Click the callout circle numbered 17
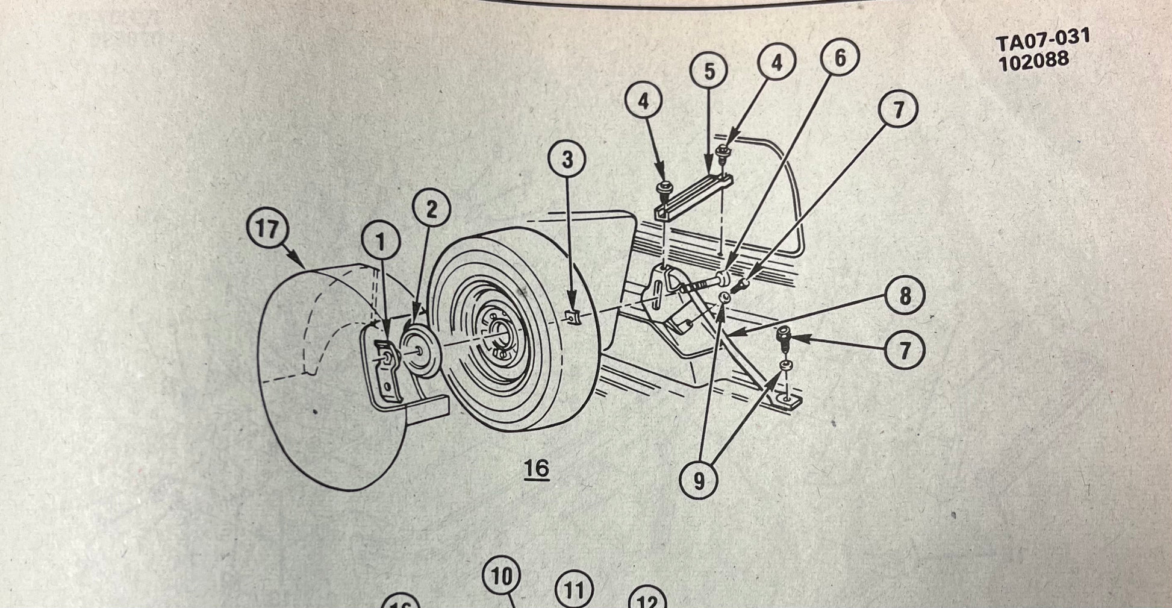pos(268,230)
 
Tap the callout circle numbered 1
pos(381,242)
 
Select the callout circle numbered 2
pos(432,210)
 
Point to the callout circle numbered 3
pos(567,160)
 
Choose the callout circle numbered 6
pos(840,58)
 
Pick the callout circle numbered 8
pos(905,296)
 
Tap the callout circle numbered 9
pos(699,480)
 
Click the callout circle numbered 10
pos(502,577)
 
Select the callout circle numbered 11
pos(573,590)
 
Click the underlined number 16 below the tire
pos(537,468)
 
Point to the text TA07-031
pos(1043,40)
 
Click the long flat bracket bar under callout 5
pos(693,198)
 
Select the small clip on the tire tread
pos(574,315)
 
